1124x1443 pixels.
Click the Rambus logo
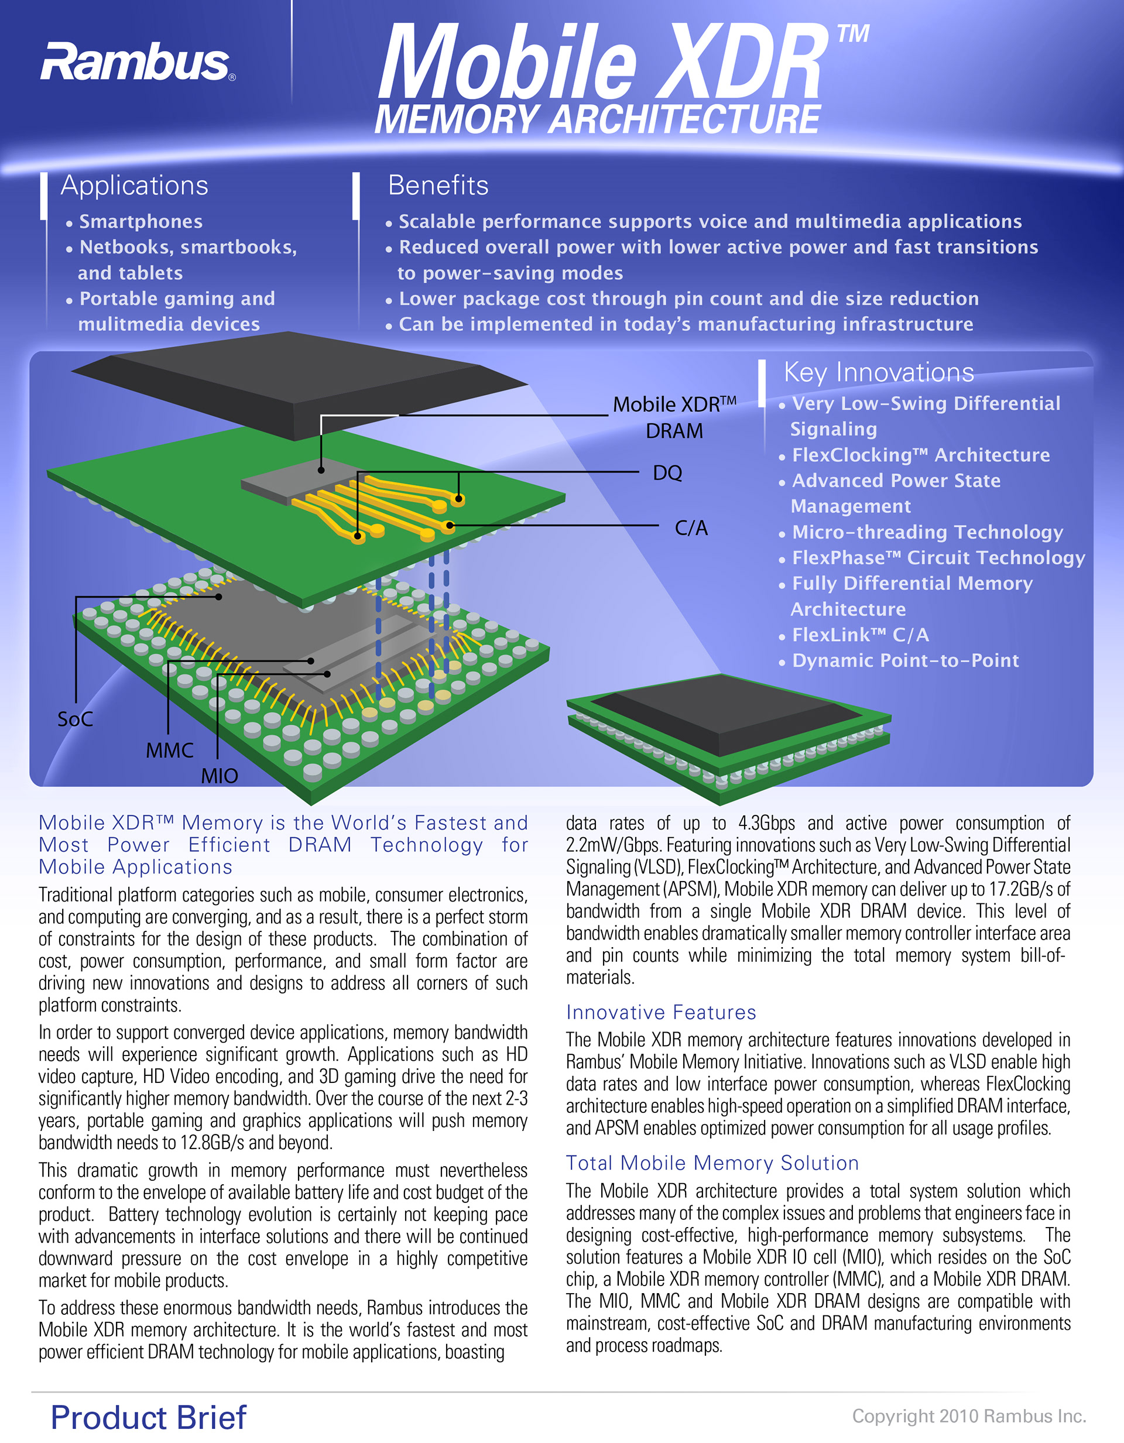135,62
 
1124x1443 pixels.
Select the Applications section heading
134,186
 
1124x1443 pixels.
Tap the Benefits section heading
438,186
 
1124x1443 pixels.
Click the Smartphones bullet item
140,221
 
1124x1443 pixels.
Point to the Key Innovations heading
878,373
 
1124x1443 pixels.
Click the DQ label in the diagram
667,473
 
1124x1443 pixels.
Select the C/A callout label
691,528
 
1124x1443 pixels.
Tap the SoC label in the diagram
75,719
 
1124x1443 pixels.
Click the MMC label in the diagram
170,750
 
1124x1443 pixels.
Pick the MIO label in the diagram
220,776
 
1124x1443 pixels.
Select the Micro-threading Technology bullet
927,532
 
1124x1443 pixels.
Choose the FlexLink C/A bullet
860,635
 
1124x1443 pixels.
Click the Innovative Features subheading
661,1012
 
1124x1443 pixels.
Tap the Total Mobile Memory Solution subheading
712,1163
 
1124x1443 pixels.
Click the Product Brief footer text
149,1417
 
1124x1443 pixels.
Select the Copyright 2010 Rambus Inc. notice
969,1416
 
